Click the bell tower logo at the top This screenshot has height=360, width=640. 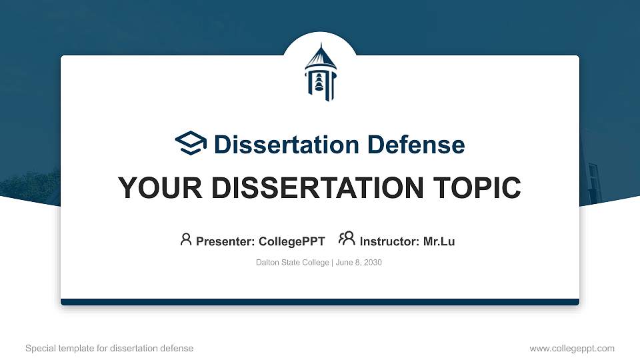[320, 72]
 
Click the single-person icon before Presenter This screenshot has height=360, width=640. [186, 239]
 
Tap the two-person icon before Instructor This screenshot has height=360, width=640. [347, 239]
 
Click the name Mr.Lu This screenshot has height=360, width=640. [439, 241]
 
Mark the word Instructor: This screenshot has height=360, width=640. [389, 241]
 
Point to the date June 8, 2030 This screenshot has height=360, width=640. [358, 263]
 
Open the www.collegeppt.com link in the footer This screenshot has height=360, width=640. [571, 348]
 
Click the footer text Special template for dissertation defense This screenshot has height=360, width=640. [109, 348]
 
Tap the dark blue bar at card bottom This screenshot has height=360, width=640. [320, 302]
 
